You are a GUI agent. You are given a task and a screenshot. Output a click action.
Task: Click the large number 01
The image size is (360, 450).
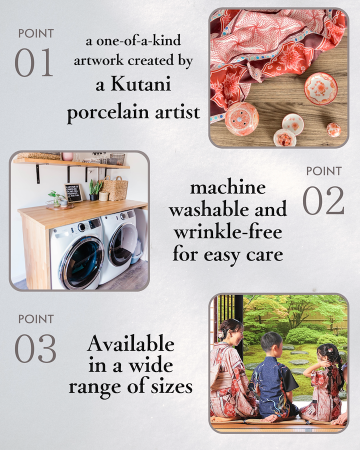(34, 62)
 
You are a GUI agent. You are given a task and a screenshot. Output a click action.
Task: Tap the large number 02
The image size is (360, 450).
(323, 200)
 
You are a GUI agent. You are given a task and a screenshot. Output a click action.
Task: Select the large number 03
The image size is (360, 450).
(35, 348)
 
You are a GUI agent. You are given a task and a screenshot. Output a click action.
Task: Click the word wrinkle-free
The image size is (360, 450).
(228, 232)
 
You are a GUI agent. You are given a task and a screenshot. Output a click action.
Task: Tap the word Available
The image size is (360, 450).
(130, 343)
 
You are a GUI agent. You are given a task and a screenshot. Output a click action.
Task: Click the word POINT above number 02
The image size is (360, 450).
(324, 171)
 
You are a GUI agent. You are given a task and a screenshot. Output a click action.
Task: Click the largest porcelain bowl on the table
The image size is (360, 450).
(320, 88)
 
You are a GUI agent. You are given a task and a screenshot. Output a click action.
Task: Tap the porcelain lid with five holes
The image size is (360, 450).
(241, 118)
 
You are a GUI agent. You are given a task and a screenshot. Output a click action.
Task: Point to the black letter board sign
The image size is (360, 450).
(73, 193)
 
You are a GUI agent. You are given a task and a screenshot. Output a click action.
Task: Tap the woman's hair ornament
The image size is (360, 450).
(221, 334)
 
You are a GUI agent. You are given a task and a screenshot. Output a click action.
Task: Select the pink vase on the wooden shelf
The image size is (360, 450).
(67, 156)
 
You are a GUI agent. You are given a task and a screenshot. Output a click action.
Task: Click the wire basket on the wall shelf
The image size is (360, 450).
(117, 159)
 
